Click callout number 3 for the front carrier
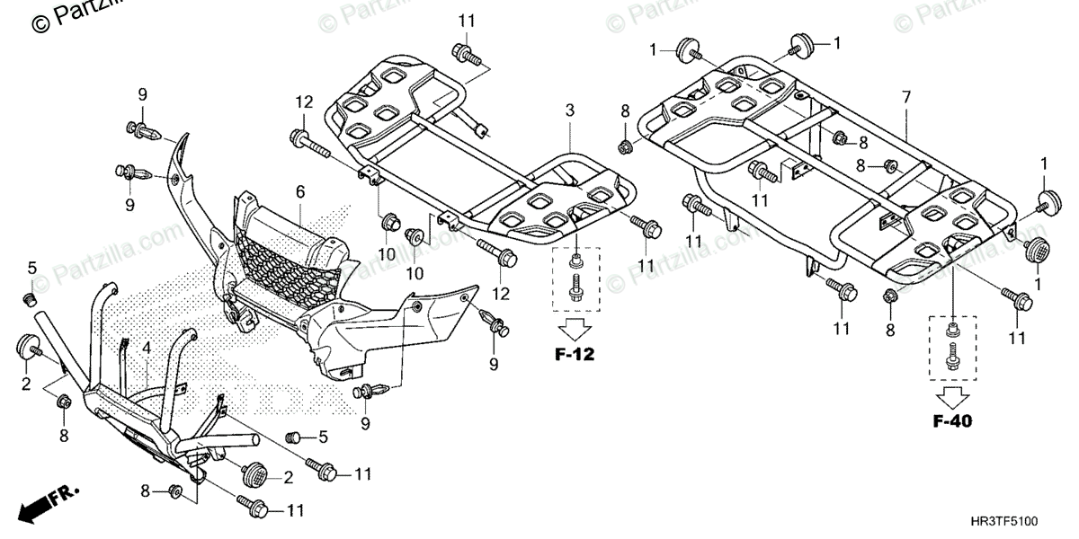pyautogui.click(x=569, y=110)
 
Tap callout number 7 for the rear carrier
pyautogui.click(x=905, y=96)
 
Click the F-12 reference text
pyautogui.click(x=573, y=354)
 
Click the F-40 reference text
pyautogui.click(x=951, y=420)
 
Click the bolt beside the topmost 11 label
pyautogui.click(x=466, y=54)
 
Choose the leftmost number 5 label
pyautogui.click(x=31, y=268)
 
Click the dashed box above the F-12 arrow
pyautogui.click(x=574, y=275)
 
